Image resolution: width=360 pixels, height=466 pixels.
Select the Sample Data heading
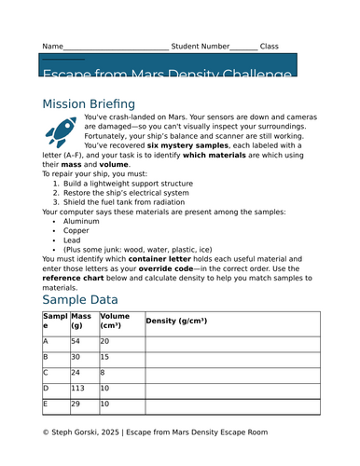pos(80,299)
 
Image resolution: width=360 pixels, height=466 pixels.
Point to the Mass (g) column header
pos(82,322)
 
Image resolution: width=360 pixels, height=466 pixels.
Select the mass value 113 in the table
pos(78,388)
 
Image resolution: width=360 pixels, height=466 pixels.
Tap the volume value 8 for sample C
pos(103,373)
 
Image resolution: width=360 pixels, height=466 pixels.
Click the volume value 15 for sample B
pos(105,357)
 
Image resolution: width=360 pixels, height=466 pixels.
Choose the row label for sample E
pos(45,404)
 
